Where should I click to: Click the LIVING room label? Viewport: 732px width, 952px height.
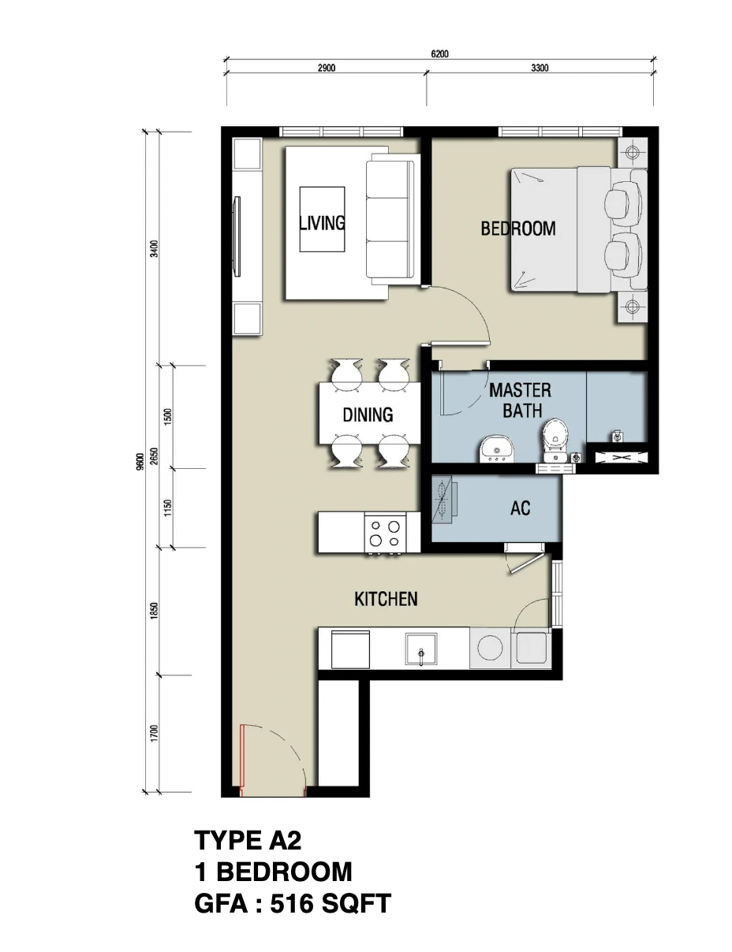coord(322,223)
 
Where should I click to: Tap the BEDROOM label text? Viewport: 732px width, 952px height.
coord(518,229)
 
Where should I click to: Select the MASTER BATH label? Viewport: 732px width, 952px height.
coord(521,400)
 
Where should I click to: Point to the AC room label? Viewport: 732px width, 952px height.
coord(521,508)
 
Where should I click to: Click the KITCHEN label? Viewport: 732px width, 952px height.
coord(386,599)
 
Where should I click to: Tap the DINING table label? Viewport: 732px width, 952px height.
coord(368,415)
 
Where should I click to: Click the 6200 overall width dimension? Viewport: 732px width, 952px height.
coord(439,54)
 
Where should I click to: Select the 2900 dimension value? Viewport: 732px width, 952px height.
coord(327,68)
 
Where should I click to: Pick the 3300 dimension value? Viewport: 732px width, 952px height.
coord(540,68)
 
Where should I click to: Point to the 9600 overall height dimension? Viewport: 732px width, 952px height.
coord(140,462)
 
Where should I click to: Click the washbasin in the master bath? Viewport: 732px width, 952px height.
coord(497,448)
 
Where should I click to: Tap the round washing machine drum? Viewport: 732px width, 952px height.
coord(490,647)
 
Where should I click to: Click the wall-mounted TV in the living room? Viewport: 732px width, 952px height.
coord(237,236)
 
